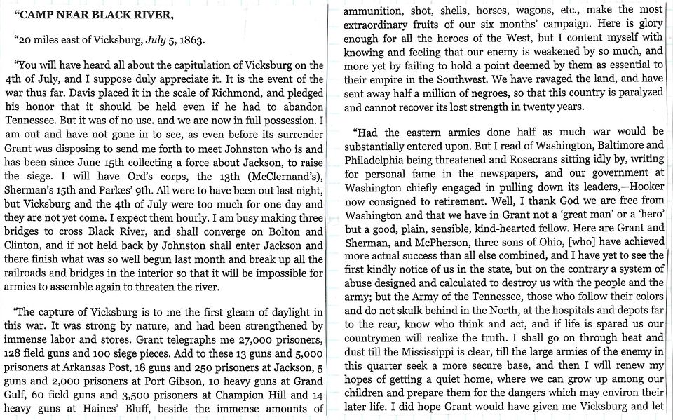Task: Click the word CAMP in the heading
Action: point(37,11)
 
